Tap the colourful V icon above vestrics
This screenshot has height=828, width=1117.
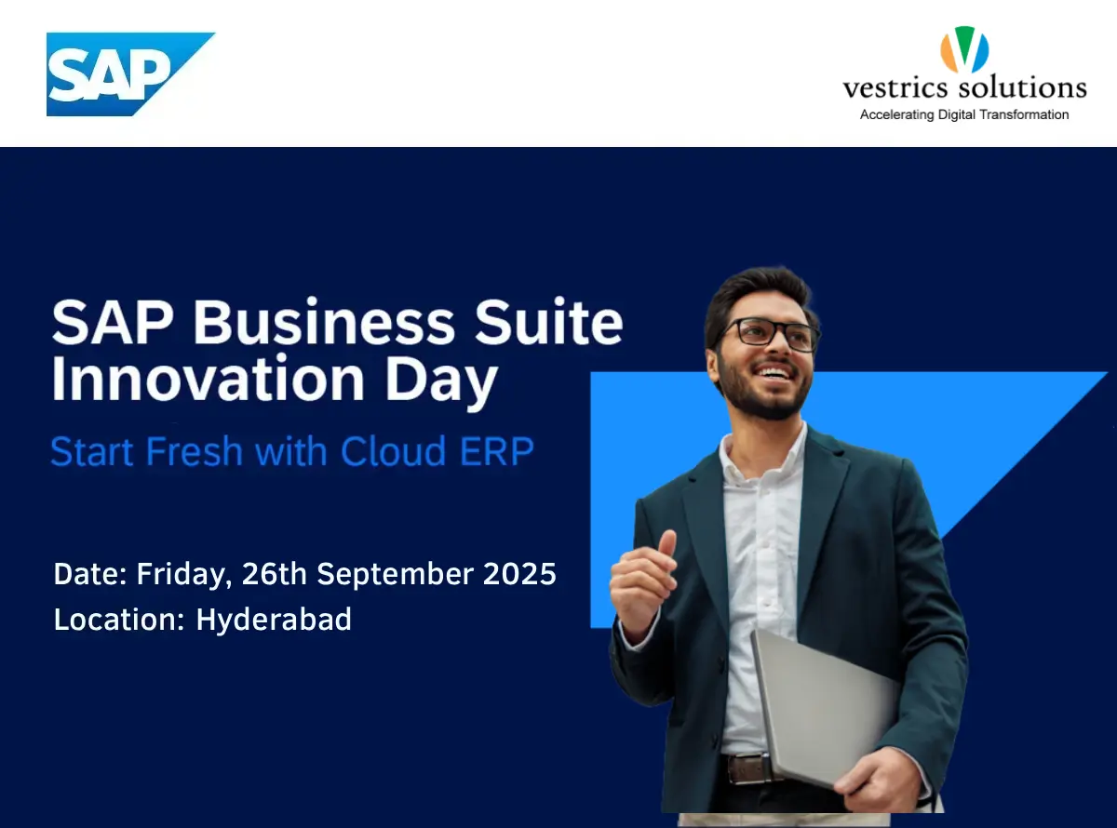964,49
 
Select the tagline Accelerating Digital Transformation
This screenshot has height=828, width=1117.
964,114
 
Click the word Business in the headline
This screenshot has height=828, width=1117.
324,322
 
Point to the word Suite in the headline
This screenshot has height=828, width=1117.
549,322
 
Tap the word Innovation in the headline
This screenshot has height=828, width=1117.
208,377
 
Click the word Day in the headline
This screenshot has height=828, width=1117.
441,382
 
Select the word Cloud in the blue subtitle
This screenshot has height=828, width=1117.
394,451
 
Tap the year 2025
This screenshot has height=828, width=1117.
519,573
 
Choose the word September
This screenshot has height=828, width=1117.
395,575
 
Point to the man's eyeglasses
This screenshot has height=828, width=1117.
767,333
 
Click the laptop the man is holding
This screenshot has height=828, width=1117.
824,708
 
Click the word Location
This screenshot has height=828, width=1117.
119,620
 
